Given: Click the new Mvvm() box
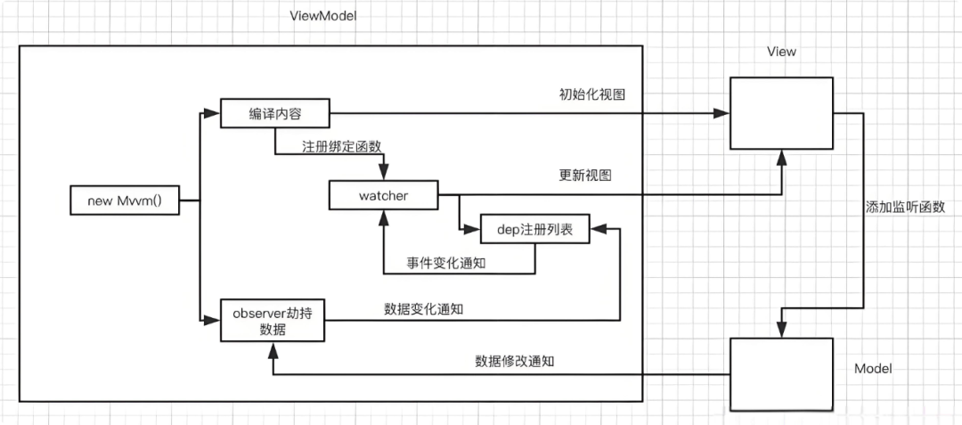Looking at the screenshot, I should click(125, 200).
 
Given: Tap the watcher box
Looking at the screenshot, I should click(383, 195).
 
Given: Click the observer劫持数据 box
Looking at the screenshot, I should click(273, 320).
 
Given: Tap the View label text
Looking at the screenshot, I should click(781, 52).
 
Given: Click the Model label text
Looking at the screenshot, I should click(873, 368).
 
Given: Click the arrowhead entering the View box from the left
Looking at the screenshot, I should click(722, 113).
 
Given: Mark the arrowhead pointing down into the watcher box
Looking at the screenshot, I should click(383, 175).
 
